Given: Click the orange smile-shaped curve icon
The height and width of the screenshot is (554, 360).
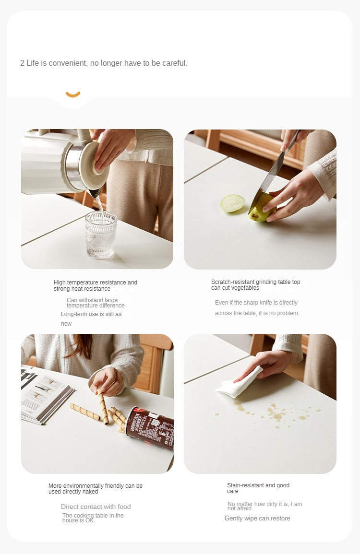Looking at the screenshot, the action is pos(73,94).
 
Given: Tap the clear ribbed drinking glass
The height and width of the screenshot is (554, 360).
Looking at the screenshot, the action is pos(101,235).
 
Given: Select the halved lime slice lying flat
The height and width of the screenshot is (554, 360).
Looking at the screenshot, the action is pos(233,203).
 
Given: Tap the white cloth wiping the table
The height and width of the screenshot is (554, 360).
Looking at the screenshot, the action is pos(239,382).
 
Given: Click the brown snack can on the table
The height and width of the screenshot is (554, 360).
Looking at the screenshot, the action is pos(150,428).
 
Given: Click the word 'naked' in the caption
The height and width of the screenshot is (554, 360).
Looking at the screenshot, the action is pos(91,492).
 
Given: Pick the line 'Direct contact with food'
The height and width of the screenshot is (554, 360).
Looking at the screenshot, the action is pos(96,507).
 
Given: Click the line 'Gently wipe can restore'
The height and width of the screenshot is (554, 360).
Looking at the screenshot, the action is pos(257,519).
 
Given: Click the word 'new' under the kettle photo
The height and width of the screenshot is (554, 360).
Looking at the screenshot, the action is pos(66,324).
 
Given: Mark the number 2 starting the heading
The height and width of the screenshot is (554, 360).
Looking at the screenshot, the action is pos(22,63).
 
